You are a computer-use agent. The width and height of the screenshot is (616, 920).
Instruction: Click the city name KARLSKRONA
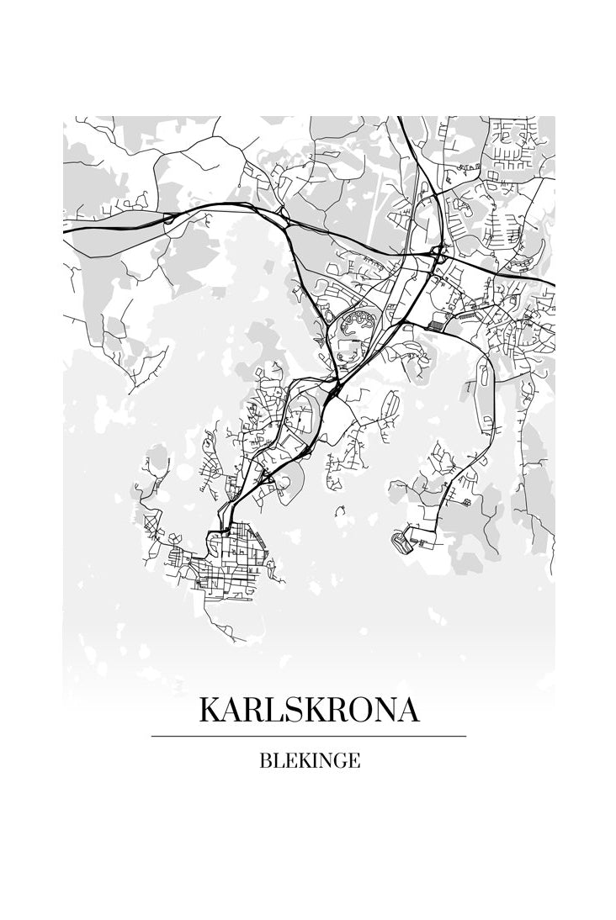308,711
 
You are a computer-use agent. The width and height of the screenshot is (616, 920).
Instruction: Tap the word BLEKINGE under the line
310,761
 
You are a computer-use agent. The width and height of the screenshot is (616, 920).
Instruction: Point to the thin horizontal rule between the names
308,736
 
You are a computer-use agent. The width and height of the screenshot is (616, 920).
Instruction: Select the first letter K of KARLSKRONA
210,711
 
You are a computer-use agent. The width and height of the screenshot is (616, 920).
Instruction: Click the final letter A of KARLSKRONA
406,711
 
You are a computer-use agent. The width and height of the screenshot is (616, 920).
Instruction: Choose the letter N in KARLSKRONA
383,711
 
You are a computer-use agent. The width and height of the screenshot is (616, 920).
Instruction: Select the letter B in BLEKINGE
265,761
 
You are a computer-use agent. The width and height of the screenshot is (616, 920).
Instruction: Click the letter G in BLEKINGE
339,761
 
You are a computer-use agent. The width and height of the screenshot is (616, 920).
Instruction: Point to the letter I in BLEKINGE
312,761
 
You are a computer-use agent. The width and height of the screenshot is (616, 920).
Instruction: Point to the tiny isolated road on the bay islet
340,509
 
